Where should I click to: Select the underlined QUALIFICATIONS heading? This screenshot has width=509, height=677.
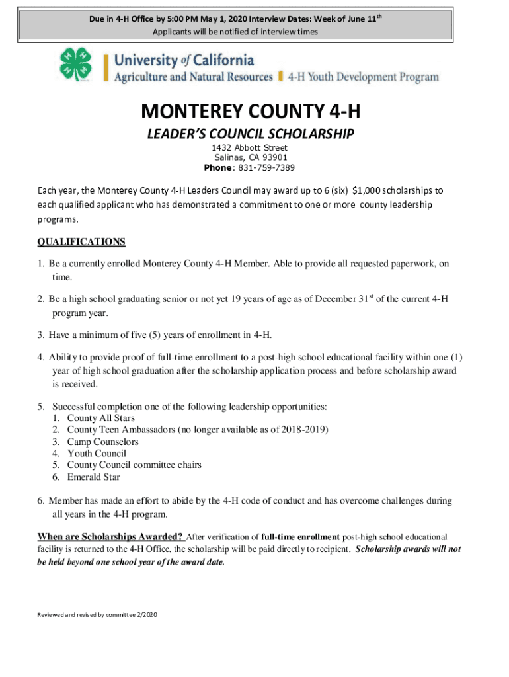[x=81, y=242]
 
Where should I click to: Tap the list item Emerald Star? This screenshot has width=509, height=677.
[x=93, y=477]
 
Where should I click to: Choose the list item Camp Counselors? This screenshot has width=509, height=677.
[x=102, y=442]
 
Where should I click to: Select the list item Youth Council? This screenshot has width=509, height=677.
[x=97, y=454]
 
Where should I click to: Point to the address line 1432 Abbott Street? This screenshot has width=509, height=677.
[x=255, y=147]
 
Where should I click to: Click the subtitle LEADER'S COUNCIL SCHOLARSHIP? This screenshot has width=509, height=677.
[x=251, y=134]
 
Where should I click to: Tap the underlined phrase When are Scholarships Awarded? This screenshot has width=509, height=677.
[x=110, y=536]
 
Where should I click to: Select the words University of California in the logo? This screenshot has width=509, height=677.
[x=184, y=60]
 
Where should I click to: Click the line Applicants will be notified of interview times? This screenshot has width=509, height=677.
[x=235, y=32]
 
